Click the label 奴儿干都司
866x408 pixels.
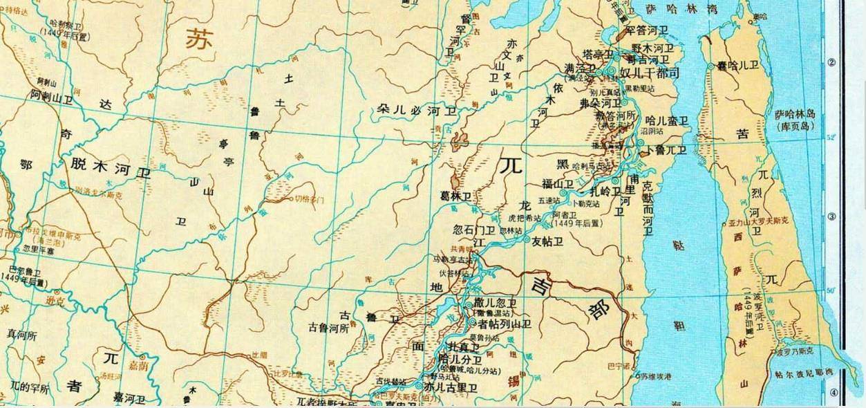(x=650, y=73)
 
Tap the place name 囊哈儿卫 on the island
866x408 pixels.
(x=740, y=66)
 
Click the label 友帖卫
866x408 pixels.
(x=548, y=241)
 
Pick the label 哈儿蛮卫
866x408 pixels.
(x=667, y=121)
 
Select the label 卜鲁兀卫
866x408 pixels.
(x=666, y=149)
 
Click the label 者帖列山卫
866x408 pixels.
(x=504, y=323)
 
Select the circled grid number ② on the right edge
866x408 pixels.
(x=831, y=62)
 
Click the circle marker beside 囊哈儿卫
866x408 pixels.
(x=712, y=66)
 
